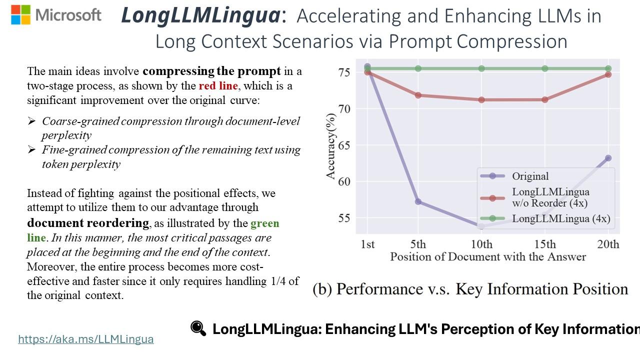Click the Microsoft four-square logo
coord(20,15)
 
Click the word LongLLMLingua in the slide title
coord(200,16)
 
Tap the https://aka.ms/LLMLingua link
coord(85,339)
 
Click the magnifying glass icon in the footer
coord(198,328)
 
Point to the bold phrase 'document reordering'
coord(88,222)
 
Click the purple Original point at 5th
coord(418,201)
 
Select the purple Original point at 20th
coord(608,158)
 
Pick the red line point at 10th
coord(481,99)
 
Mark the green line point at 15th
coord(545,68)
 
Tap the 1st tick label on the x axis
coord(367,244)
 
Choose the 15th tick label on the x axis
coord(545,244)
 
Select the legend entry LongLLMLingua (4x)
coord(560,218)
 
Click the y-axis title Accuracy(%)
coord(330,145)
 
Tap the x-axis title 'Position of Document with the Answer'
coord(488,257)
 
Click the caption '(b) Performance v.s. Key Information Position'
coord(470,289)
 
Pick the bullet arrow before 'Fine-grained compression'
coord(32,149)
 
